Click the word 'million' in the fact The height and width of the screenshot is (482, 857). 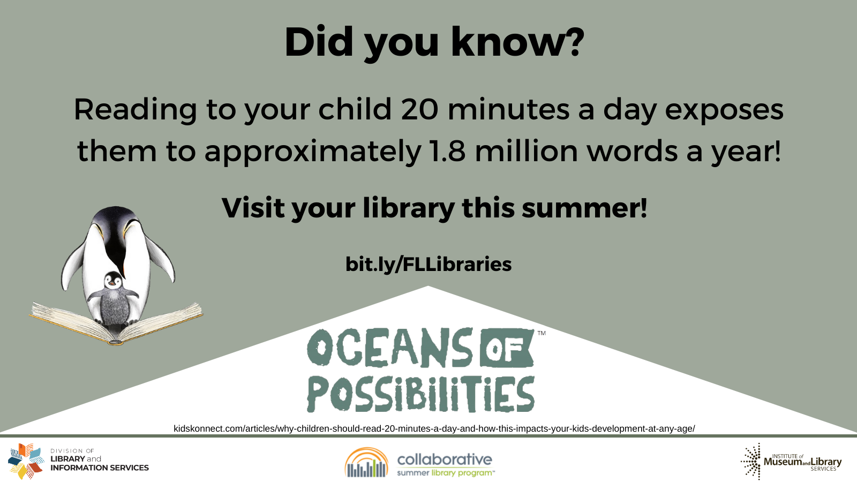527,150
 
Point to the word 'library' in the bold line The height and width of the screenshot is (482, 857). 409,208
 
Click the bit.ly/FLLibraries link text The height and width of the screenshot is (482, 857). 428,264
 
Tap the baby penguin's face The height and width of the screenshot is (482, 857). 113,281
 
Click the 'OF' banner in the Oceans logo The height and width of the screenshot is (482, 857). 506,348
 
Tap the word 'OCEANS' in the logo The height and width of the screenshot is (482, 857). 390,348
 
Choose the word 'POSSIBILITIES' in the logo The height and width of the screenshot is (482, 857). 421,394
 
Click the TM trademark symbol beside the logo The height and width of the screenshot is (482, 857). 542,333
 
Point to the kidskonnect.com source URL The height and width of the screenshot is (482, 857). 434,428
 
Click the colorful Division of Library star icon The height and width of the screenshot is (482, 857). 26,461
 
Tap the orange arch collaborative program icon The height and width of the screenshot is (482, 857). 366,463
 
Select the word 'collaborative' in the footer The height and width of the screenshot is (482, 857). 445,460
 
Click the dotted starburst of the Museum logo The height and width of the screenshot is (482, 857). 751,461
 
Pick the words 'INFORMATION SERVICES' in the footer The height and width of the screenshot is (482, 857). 100,468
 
